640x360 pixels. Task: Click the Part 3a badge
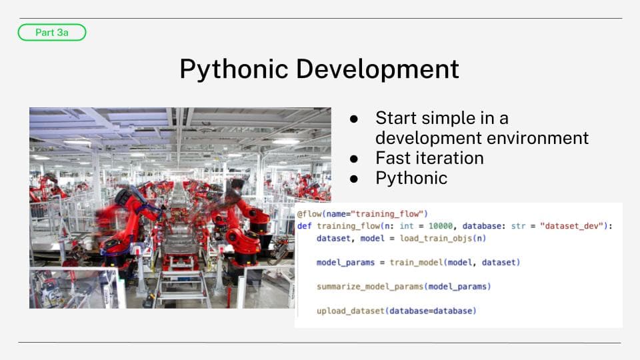[x=52, y=32]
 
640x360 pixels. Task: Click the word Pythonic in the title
[x=234, y=69]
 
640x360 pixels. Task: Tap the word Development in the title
[x=377, y=69]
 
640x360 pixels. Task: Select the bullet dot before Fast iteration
[x=354, y=159]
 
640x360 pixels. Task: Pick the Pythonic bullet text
[x=411, y=179]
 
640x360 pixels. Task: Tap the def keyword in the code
[x=305, y=226]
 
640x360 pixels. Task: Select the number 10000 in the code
[x=441, y=226]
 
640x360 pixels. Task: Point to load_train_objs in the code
[x=436, y=239]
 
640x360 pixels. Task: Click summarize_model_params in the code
[x=370, y=287]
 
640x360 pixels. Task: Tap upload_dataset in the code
[x=351, y=311]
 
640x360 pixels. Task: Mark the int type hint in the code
[x=407, y=226]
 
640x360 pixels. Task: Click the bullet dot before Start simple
[x=354, y=119]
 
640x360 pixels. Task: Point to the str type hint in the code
[x=519, y=226]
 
